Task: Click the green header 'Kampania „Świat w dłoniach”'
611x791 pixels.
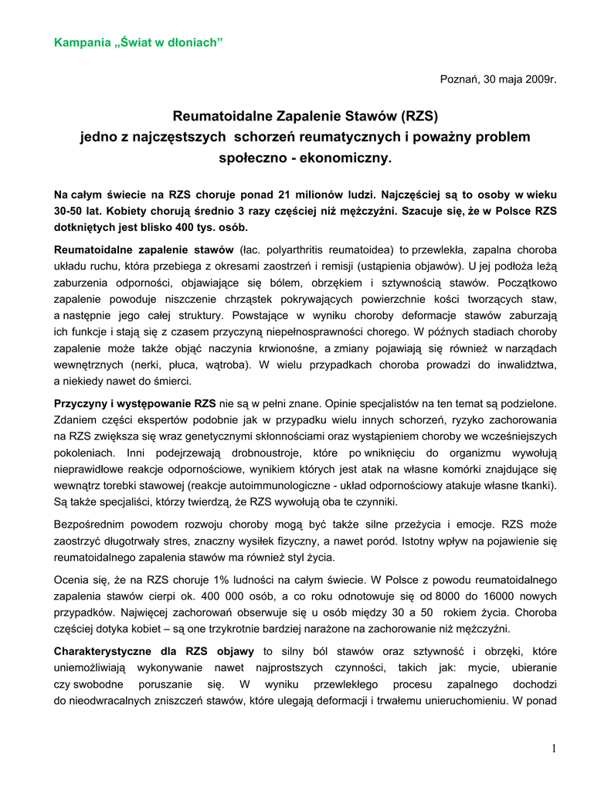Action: (x=138, y=40)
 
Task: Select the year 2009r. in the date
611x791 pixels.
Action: (x=537, y=79)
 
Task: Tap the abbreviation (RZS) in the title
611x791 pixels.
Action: (x=419, y=117)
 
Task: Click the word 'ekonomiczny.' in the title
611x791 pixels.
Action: (x=349, y=158)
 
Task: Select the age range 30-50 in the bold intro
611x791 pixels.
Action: (x=70, y=212)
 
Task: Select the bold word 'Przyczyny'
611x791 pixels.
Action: (x=83, y=402)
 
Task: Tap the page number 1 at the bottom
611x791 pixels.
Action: (x=554, y=748)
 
